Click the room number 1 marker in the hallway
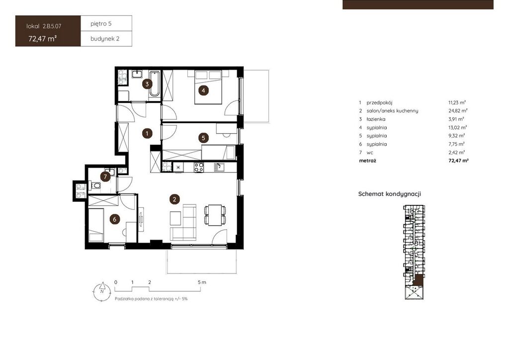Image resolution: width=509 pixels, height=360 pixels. pos(147,133)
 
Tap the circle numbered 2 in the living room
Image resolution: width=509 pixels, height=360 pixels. pos(174,199)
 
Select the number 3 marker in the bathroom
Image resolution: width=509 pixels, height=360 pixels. pos(147,84)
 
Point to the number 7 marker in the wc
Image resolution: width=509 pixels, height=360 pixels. pos(105,177)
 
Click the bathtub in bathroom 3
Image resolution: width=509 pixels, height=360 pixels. pos(154,84)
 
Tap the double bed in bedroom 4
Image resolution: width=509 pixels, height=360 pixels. pos(208,88)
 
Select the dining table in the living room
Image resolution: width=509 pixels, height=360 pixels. pos(215,215)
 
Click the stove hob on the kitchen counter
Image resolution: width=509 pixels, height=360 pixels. pos(199,167)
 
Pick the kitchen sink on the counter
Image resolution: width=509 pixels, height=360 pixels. pos(219,167)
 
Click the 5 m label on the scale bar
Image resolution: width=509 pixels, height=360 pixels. pos(202,282)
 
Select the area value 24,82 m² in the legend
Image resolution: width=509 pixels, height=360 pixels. pos(458,111)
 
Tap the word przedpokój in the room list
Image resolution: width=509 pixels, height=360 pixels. pos(379,102)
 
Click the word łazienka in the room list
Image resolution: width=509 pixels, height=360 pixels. pos(376,119)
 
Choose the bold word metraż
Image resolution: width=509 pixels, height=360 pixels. pos(367,161)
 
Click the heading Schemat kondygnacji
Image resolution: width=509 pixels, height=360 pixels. pos(390,194)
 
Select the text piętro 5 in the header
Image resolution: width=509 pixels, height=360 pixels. pos(101,23)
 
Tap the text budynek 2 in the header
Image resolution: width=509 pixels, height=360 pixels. pos(105,39)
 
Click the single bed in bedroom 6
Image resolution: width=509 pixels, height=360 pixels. pos(96,225)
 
